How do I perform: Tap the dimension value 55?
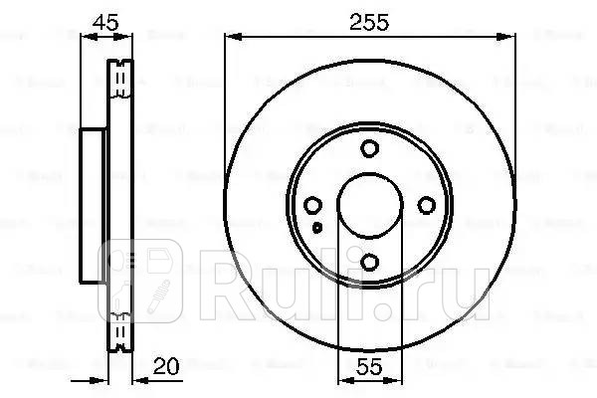369,364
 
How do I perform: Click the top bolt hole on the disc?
369,149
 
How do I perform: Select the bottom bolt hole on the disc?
369,262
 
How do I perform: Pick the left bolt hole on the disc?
313,206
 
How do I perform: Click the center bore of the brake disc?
369,206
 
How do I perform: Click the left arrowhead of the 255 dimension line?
232,37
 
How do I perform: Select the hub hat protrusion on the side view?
93,205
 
